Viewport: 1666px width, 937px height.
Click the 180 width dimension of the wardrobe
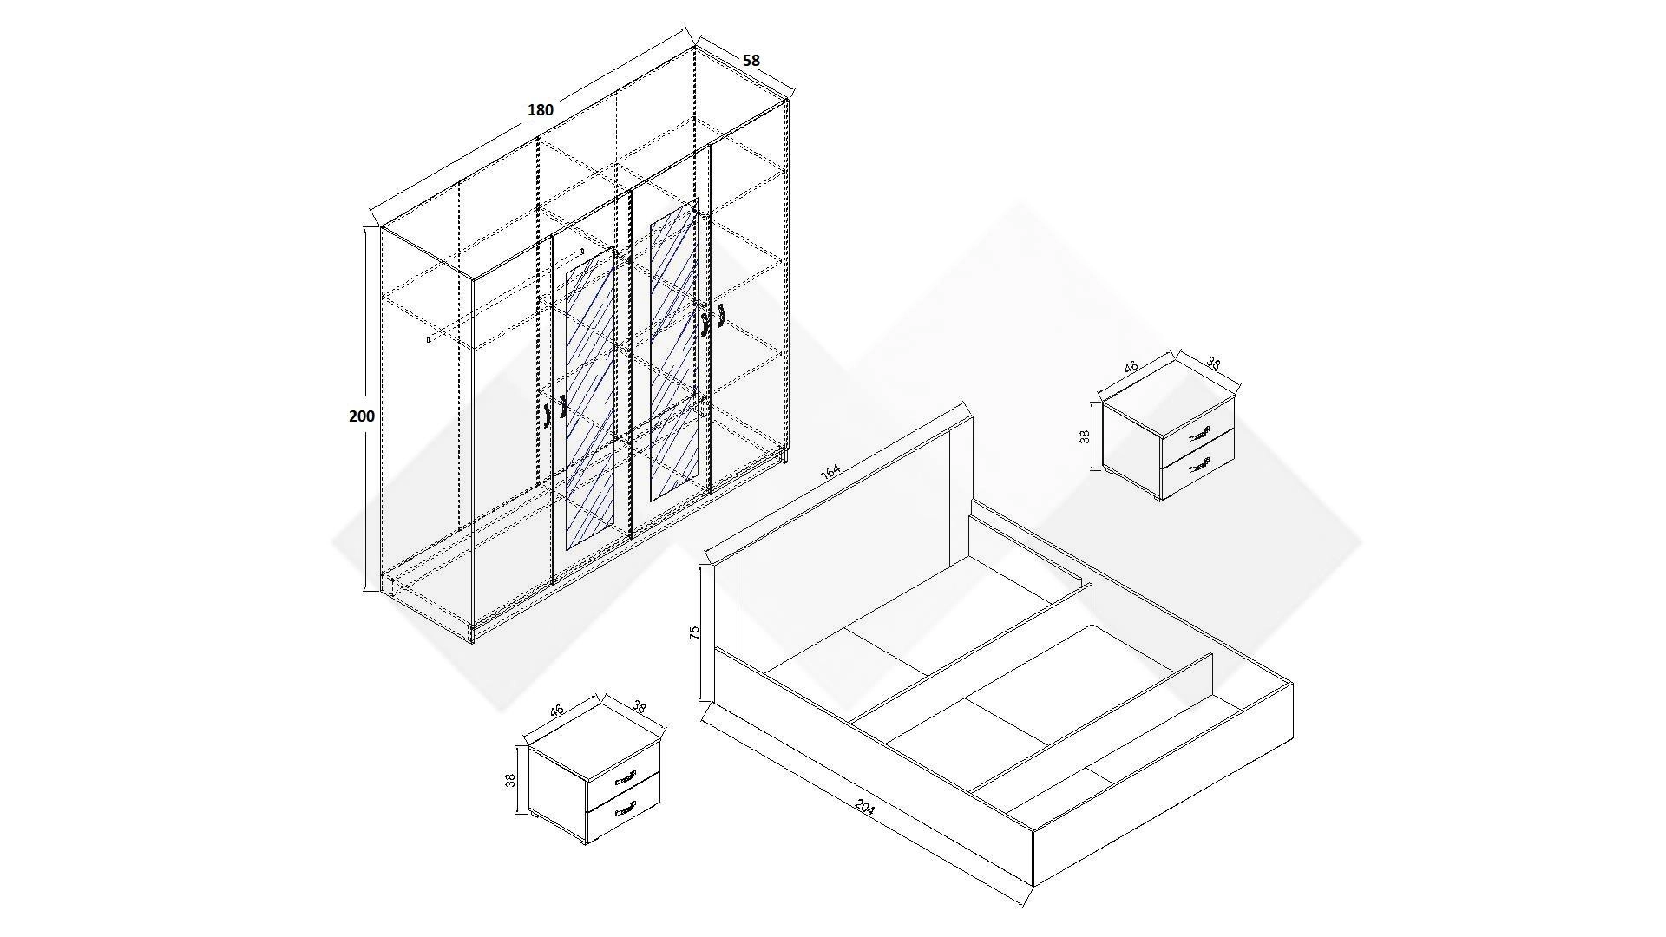click(541, 110)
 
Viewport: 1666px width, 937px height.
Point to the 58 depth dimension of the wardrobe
click(751, 60)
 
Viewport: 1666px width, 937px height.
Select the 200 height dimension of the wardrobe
click(362, 416)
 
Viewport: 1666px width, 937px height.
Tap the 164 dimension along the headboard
click(830, 471)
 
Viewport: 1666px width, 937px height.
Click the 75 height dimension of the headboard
click(694, 632)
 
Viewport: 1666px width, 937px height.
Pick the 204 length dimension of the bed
click(865, 807)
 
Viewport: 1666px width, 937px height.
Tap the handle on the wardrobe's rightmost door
click(720, 318)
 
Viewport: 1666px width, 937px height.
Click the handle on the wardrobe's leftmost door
click(548, 416)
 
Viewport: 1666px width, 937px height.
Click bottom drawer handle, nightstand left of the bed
click(625, 812)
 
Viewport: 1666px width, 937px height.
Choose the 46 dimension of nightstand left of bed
click(556, 710)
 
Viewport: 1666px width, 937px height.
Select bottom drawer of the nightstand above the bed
click(1197, 466)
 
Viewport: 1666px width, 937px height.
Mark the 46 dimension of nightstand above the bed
click(1131, 367)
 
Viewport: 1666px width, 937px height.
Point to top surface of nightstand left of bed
click(594, 737)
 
